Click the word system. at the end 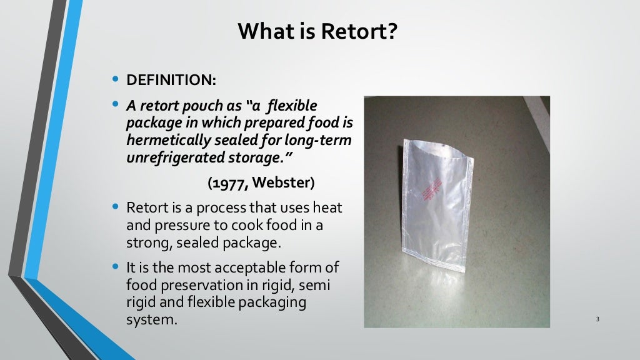pyautogui.click(x=152, y=320)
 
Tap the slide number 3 pyautogui.click(x=597, y=320)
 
